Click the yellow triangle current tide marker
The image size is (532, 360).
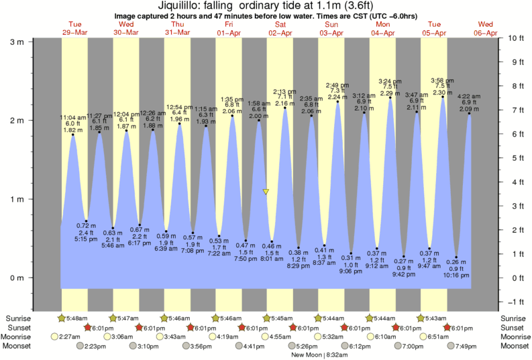coord(266,192)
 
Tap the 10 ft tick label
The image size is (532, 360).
coord(515,38)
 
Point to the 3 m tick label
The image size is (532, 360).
coord(16,42)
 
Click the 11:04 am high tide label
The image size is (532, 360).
coord(72,117)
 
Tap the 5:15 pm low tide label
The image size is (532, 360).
coord(87,239)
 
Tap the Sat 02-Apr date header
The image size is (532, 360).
coord(280,28)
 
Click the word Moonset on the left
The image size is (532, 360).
coord(20,346)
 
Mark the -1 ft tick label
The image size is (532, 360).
coord(515,302)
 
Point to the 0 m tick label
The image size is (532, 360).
coord(16,278)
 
